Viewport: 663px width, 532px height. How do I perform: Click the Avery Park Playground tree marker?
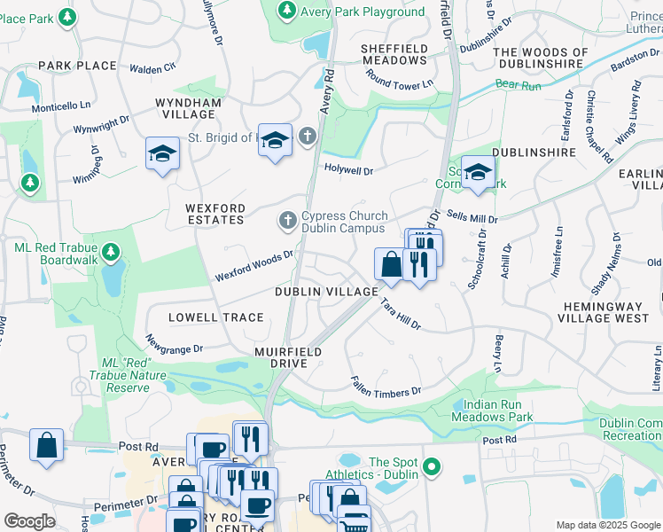pos(286,11)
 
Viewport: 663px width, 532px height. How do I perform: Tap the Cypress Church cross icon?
pos(287,219)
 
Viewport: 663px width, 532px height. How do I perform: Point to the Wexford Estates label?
pos(214,214)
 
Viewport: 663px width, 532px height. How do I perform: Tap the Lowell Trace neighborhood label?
pos(216,317)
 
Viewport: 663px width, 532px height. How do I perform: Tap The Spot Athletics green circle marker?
pos(432,465)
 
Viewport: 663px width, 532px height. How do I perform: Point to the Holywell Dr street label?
pos(348,168)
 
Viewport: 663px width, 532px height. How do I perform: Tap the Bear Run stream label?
pos(519,84)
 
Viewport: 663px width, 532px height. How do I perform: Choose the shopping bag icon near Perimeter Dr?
pos(46,445)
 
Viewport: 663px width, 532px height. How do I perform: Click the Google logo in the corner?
pos(29,521)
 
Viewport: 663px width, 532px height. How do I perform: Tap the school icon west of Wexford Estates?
pos(162,155)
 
